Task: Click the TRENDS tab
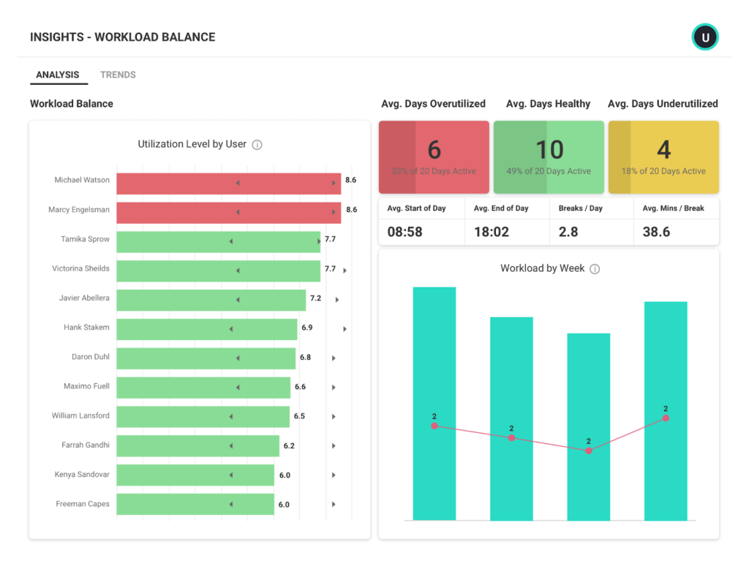click(x=118, y=75)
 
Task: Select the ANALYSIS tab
click(x=58, y=75)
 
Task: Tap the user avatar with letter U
click(x=705, y=37)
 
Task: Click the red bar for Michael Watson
click(x=228, y=184)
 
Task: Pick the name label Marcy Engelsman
click(x=79, y=210)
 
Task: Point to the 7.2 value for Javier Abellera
click(x=316, y=298)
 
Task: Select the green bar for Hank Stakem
click(x=206, y=328)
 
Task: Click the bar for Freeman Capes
click(x=195, y=504)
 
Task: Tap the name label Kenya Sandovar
click(x=82, y=475)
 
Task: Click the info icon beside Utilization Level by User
click(x=257, y=145)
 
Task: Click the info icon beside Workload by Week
click(x=595, y=269)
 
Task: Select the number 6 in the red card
click(x=434, y=150)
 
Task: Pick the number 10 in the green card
click(x=549, y=150)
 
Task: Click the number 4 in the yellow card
click(x=663, y=150)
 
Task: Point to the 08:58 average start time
click(x=405, y=231)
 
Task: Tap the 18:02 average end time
click(x=492, y=231)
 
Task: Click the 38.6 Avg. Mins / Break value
click(x=656, y=231)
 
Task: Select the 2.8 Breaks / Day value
click(x=568, y=231)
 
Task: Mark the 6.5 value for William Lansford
click(x=299, y=416)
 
